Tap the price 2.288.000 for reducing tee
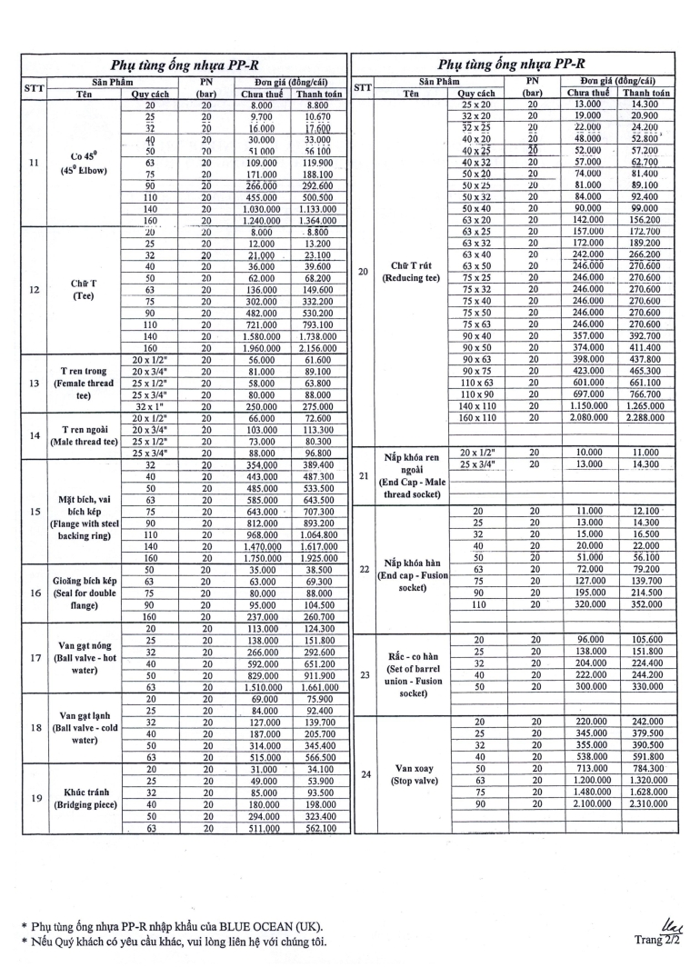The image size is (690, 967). pos(645,418)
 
